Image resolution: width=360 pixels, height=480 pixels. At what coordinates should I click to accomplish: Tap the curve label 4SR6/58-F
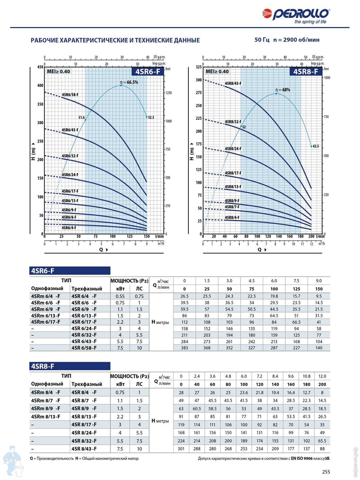(x=70, y=95)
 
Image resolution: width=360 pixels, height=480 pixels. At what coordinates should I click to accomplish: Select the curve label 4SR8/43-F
(x=233, y=83)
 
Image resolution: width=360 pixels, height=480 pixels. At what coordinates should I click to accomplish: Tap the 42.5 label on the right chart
(x=316, y=146)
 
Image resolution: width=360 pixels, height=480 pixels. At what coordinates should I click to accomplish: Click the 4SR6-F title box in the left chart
(x=148, y=71)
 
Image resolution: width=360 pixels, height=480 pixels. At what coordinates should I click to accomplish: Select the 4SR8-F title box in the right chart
(x=305, y=71)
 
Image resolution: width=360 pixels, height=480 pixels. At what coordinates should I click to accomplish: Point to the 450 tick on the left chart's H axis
(x=40, y=67)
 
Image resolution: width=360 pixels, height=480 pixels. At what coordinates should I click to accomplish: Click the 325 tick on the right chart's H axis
(x=199, y=67)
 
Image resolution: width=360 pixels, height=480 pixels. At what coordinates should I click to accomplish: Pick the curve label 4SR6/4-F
(x=69, y=228)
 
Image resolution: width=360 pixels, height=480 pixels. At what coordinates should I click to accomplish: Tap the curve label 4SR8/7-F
(x=232, y=207)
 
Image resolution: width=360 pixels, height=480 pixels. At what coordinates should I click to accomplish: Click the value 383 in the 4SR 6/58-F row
(x=184, y=348)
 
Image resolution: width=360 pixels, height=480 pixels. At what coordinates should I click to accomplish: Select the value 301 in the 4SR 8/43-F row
(x=181, y=449)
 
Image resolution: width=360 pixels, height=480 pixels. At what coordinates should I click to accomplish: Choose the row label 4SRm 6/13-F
(x=46, y=316)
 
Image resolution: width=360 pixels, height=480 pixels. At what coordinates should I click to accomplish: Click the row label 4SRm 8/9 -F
(x=46, y=409)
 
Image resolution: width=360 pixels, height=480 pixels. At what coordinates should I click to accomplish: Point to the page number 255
(x=326, y=472)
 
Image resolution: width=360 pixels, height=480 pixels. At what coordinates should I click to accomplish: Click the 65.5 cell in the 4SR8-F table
(x=322, y=441)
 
